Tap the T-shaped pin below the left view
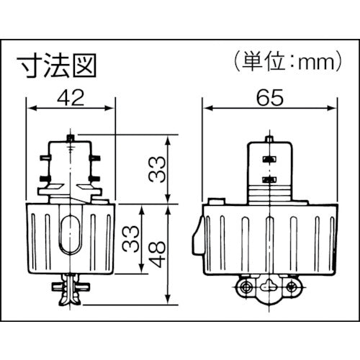(x=71, y=288)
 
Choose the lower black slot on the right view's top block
(x=269, y=176)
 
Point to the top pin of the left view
(x=71, y=135)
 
